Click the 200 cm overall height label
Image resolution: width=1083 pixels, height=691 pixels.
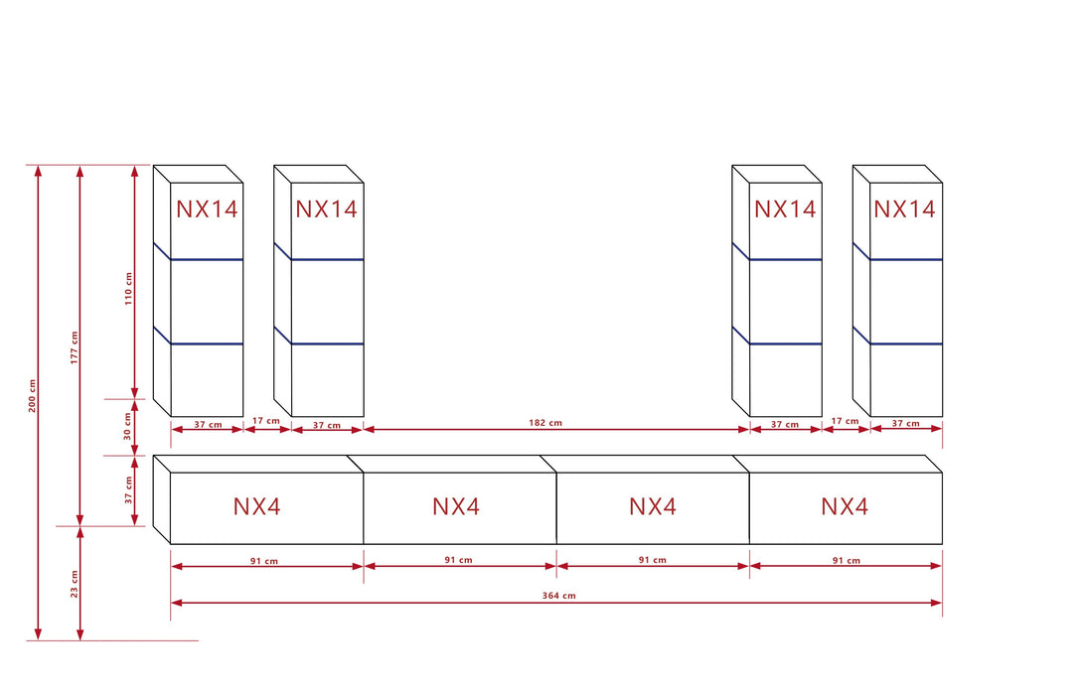[x=32, y=396]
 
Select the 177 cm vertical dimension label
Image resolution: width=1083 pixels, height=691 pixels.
[x=74, y=345]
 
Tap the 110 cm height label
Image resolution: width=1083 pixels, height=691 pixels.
[x=128, y=288]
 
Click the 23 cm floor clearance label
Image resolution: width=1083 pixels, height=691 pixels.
[x=74, y=584]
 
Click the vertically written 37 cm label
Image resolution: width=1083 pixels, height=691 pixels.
[x=128, y=490]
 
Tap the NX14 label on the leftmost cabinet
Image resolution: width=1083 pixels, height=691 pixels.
[x=208, y=209]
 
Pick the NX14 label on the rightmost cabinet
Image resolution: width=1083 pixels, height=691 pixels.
[x=904, y=209]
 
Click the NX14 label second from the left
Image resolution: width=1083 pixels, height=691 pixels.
[x=326, y=209]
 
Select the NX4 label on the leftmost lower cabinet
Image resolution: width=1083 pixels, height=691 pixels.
[x=257, y=506]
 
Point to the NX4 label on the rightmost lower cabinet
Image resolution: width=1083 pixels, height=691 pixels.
[x=845, y=506]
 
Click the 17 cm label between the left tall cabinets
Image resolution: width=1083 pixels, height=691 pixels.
[x=266, y=421]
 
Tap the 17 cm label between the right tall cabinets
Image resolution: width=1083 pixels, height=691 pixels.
[x=845, y=421]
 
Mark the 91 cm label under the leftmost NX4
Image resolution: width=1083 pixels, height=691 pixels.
[x=264, y=560]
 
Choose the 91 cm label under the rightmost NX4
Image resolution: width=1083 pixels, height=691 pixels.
[x=847, y=560]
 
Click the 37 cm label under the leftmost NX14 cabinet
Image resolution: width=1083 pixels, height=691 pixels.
[x=208, y=424]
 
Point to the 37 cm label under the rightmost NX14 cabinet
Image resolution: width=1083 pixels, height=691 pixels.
[x=905, y=424]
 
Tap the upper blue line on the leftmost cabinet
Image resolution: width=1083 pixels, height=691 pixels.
[x=207, y=259]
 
